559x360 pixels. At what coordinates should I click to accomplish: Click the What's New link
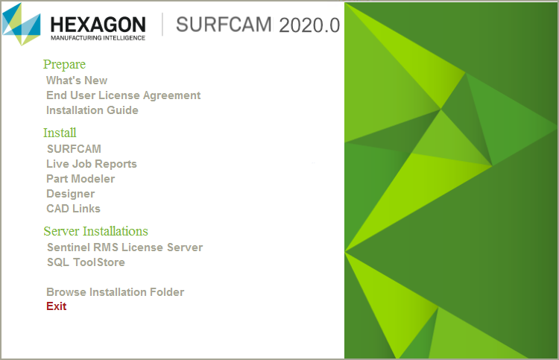pyautogui.click(x=77, y=80)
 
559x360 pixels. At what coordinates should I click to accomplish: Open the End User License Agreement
pyautogui.click(x=123, y=95)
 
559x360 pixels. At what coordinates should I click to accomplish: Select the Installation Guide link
pyautogui.click(x=92, y=110)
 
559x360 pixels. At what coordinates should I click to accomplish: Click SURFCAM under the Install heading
pyautogui.click(x=74, y=148)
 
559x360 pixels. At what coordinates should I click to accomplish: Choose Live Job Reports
pyautogui.click(x=92, y=164)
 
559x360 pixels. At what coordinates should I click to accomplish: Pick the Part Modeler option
pyautogui.click(x=80, y=179)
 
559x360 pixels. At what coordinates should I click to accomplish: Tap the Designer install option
pyautogui.click(x=71, y=194)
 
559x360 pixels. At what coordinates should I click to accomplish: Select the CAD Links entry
pyautogui.click(x=74, y=209)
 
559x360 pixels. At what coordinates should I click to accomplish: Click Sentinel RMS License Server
pyautogui.click(x=124, y=247)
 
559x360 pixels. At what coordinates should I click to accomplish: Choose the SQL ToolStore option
pyautogui.click(x=86, y=262)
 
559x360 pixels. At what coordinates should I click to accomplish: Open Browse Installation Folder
pyautogui.click(x=115, y=292)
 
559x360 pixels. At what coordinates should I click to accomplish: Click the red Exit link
pyautogui.click(x=57, y=306)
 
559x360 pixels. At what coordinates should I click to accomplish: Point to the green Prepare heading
pyautogui.click(x=65, y=64)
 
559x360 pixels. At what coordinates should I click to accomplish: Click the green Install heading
pyautogui.click(x=60, y=133)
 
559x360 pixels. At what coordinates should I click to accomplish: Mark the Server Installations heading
pyautogui.click(x=95, y=231)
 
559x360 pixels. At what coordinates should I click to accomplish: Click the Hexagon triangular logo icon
pyautogui.click(x=22, y=25)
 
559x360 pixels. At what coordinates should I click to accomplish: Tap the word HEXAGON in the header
pyautogui.click(x=98, y=25)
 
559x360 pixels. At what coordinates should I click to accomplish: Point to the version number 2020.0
pyautogui.click(x=309, y=25)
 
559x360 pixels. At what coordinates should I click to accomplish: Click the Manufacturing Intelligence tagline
pyautogui.click(x=98, y=38)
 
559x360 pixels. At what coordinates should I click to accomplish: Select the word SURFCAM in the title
pyautogui.click(x=224, y=25)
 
